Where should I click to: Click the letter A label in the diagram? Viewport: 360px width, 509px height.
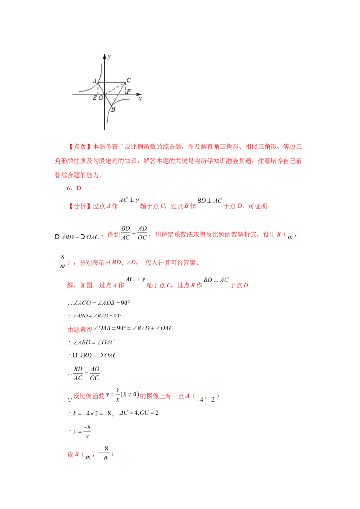[x=94, y=81]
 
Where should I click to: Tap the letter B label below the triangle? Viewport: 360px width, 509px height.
[x=113, y=109]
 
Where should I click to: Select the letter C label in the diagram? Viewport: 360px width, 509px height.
[x=129, y=80]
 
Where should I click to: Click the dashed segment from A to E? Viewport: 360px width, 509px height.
[x=98, y=89]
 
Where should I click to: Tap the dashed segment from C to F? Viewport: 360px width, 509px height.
[x=125, y=89]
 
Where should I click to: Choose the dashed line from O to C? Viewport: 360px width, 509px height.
[x=115, y=89]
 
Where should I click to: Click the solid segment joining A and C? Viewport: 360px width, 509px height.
[x=112, y=83]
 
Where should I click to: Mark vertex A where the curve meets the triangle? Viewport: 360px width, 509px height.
[x=98, y=83]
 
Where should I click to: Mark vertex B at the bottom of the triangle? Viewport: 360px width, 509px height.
[x=112, y=106]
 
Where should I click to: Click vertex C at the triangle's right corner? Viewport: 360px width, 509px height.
[x=125, y=83]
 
